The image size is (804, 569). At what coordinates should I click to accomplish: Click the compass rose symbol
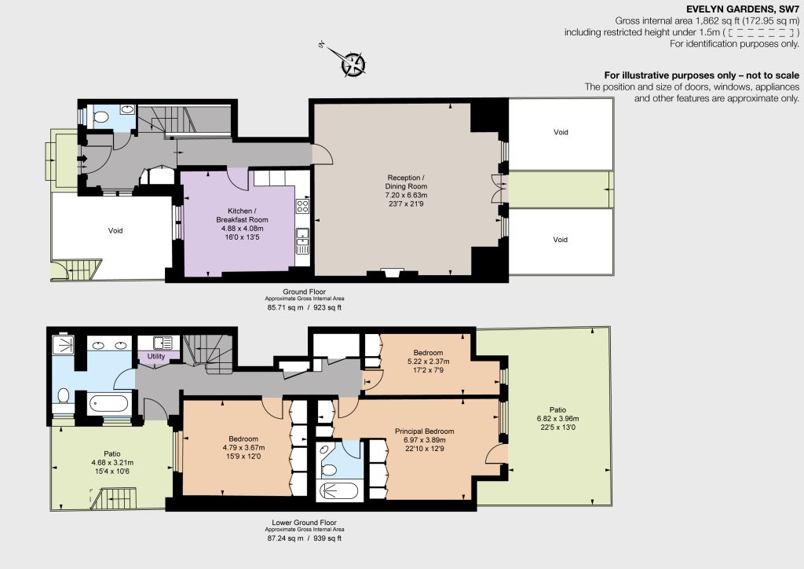pyautogui.click(x=353, y=64)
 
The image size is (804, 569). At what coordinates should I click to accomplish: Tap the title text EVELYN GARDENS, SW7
pyautogui.click(x=743, y=9)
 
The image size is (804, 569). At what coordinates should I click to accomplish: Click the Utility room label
pyautogui.click(x=156, y=356)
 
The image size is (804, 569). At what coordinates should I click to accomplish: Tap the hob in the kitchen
pyautogui.click(x=302, y=206)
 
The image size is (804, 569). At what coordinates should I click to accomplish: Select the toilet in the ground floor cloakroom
pyautogui.click(x=101, y=118)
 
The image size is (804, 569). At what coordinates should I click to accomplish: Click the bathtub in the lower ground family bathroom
pyautogui.click(x=108, y=403)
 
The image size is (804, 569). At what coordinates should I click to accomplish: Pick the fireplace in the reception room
pyautogui.click(x=393, y=272)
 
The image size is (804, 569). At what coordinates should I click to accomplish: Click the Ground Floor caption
pyautogui.click(x=304, y=292)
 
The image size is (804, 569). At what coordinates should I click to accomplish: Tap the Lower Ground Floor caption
pyautogui.click(x=304, y=523)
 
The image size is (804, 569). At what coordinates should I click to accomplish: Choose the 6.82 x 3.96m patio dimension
pyautogui.click(x=558, y=418)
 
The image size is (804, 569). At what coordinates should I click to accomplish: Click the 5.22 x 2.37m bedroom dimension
pyautogui.click(x=428, y=362)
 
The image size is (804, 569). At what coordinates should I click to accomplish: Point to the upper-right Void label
pyautogui.click(x=561, y=132)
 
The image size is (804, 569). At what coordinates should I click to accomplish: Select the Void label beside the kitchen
pyautogui.click(x=115, y=230)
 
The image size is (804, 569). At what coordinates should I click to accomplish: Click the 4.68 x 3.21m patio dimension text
pyautogui.click(x=112, y=462)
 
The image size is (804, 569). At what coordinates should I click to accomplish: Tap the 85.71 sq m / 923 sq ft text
pyautogui.click(x=304, y=308)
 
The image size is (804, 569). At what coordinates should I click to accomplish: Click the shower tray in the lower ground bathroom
pyautogui.click(x=63, y=345)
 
